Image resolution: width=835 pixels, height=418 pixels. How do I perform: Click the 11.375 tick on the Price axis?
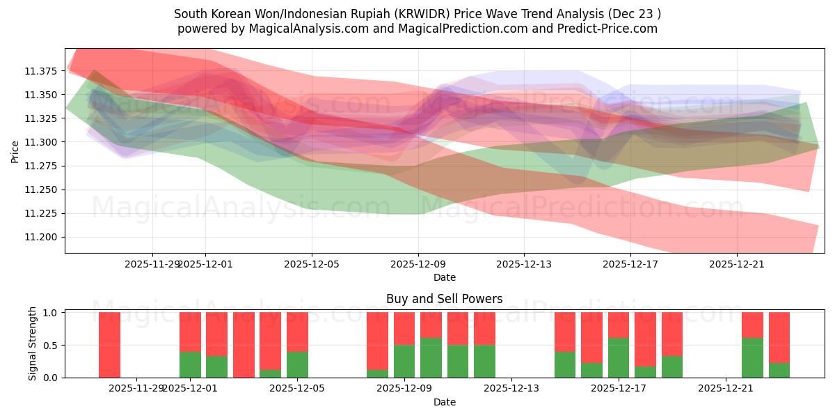[x=43, y=71]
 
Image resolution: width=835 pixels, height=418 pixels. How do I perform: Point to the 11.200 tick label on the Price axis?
[x=43, y=237]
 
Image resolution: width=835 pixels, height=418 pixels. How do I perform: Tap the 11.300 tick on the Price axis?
[x=43, y=142]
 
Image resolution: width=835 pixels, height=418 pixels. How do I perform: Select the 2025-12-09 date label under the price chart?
[x=417, y=264]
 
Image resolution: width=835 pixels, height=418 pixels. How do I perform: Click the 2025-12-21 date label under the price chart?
[x=737, y=264]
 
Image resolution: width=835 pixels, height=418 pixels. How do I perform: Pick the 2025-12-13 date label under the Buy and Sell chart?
[x=511, y=388]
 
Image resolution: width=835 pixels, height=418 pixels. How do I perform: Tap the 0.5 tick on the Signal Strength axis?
[x=52, y=345]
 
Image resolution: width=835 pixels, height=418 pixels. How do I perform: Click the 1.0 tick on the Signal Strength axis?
[x=52, y=313]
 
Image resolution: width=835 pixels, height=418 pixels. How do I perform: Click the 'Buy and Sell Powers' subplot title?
[x=444, y=299]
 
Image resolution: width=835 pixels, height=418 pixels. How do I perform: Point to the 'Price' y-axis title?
[x=15, y=151]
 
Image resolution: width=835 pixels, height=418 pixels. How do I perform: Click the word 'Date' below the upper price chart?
[x=444, y=277]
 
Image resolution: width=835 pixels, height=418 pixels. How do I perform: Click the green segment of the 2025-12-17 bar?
[x=619, y=357]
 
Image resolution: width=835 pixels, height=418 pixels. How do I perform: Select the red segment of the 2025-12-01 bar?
[x=190, y=332]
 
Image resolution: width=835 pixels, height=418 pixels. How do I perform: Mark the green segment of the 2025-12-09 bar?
[x=404, y=361]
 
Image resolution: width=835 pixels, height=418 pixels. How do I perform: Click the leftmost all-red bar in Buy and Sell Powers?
[x=109, y=345]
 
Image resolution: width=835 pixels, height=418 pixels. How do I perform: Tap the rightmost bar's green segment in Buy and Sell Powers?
[x=779, y=370]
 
